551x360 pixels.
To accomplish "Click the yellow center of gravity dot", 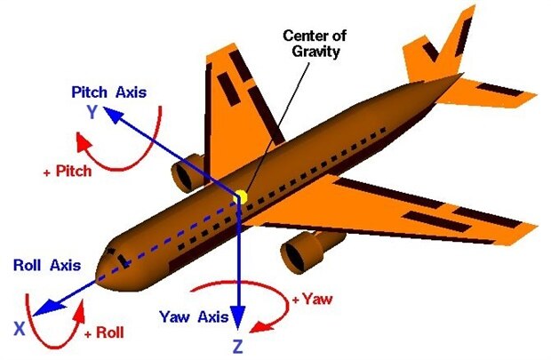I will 239,196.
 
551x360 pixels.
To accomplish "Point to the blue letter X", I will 19,327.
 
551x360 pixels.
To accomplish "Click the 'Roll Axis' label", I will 47,266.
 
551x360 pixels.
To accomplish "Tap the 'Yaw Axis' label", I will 189,316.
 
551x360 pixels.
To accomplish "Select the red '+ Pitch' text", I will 67,172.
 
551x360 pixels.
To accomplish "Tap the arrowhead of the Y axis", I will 108,110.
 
